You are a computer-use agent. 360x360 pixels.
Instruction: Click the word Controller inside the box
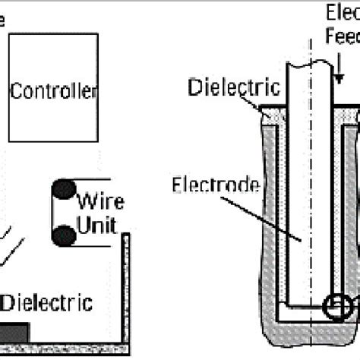point(53,92)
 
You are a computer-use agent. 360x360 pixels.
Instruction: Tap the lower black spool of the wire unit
point(65,235)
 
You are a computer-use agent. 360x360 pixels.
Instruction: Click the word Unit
point(98,226)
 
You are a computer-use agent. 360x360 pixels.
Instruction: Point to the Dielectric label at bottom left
point(47,304)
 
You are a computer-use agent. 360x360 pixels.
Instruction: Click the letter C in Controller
point(14,92)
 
